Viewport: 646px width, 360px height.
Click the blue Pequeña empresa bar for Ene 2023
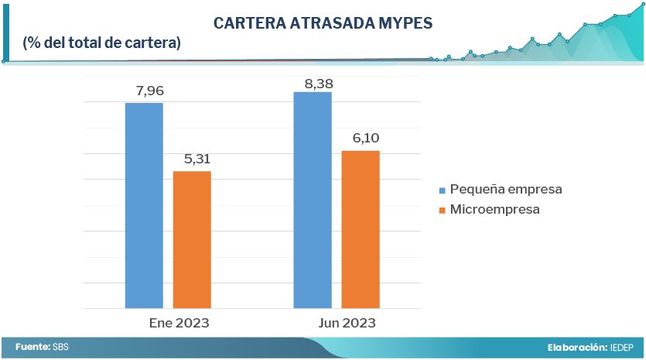coord(144,205)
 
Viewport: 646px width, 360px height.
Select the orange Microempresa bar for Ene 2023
coord(192,239)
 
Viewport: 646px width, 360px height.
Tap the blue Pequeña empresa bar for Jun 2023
coord(313,200)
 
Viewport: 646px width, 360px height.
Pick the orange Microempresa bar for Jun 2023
coord(361,229)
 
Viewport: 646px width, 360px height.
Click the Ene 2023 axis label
coord(179,323)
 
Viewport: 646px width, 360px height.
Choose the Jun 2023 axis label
coord(347,323)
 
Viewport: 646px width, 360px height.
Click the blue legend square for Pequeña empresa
coord(443,190)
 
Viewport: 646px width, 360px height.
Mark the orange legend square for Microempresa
coord(443,210)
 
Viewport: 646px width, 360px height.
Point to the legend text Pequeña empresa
coord(505,190)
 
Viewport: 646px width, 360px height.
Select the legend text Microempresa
coord(494,210)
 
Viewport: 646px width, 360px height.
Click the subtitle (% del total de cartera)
coord(102,43)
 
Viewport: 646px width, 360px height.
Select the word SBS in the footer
coord(60,348)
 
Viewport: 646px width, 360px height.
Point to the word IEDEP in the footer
coord(622,348)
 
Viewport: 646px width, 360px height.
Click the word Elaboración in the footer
coord(576,348)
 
